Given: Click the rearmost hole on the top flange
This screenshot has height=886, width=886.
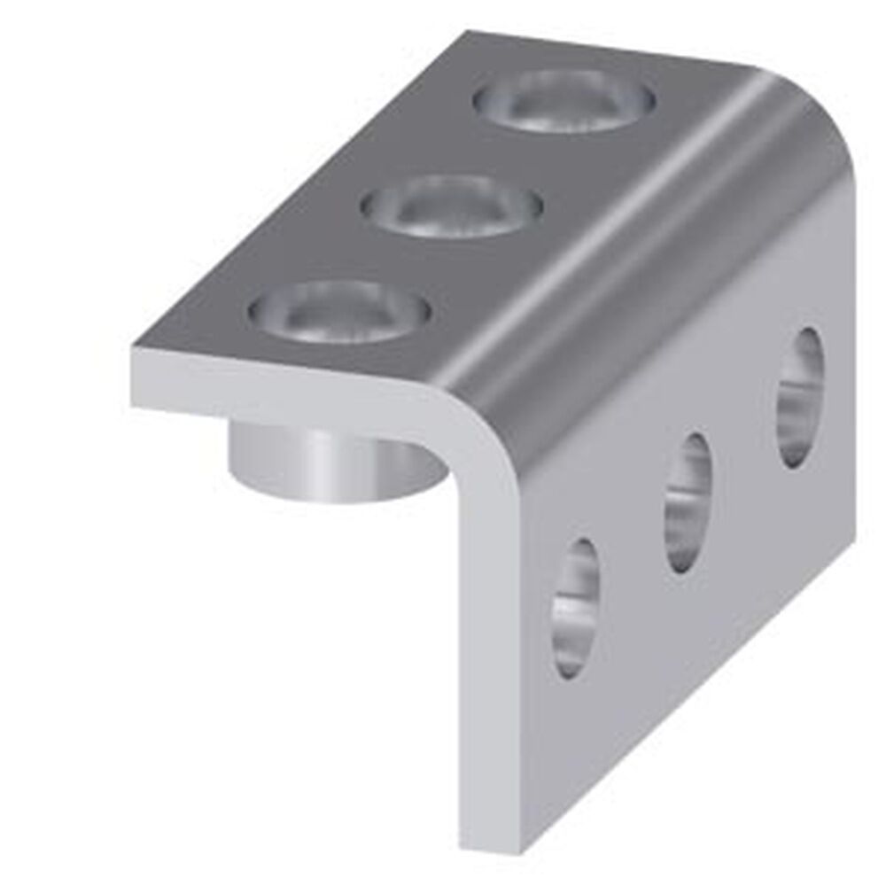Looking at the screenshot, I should (564, 101).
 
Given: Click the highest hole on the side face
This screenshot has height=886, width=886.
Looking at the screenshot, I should (801, 398).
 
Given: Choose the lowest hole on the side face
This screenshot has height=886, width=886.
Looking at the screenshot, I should (576, 607).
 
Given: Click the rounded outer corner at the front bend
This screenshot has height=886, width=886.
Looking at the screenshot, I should (483, 416).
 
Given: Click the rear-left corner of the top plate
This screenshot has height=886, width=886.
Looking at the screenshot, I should (468, 35).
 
